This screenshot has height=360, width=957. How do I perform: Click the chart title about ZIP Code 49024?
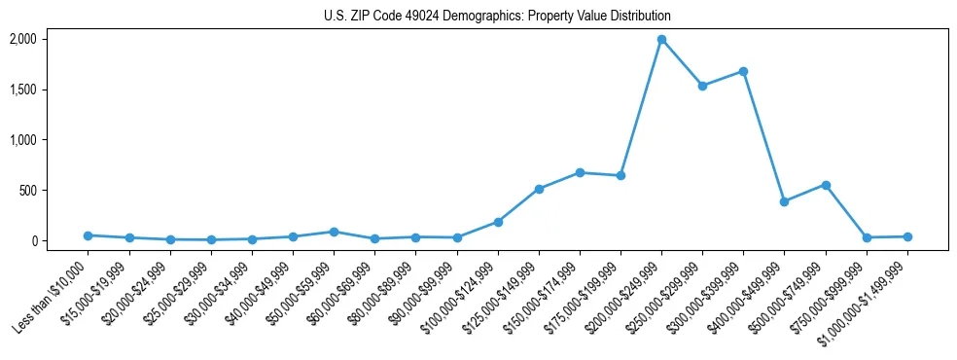point(497,17)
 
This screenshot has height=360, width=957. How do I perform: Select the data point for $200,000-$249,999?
point(661,40)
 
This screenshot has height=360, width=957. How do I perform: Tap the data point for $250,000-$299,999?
point(702,86)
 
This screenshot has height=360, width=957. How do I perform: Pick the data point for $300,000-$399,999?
point(743,71)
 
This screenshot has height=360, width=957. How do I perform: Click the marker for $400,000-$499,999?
point(784,201)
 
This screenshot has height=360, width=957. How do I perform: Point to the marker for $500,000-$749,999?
point(826,185)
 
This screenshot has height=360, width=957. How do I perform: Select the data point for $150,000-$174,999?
point(580,172)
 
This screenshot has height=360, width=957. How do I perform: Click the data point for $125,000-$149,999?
point(539,189)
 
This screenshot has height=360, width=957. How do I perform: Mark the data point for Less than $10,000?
point(89,235)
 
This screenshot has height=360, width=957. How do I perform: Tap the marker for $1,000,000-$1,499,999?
point(907,236)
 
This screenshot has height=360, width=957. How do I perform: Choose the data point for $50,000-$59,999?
point(334,232)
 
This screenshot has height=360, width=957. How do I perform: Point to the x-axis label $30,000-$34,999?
point(218,293)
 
